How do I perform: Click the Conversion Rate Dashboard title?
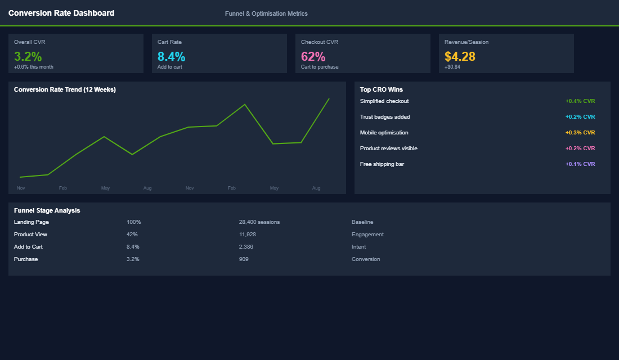[61, 13]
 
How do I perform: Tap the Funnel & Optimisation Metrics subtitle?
[266, 13]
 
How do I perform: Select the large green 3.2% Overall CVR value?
[28, 56]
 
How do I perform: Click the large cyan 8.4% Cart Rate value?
[171, 56]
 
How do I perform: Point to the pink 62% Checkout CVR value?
[313, 56]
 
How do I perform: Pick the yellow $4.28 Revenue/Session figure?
[460, 56]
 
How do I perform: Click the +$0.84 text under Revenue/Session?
[452, 67]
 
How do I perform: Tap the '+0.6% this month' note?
[34, 67]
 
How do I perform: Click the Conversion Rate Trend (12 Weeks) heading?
[65, 89]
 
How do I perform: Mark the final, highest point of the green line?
[329, 98]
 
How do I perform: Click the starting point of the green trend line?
[20, 177]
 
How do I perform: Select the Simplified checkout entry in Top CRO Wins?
[384, 101]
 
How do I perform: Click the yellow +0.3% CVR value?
[580, 133]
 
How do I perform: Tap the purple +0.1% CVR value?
[580, 164]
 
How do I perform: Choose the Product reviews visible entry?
[389, 148]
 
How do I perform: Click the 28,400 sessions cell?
[259, 222]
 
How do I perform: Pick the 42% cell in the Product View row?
[132, 235]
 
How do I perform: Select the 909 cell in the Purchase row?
[244, 259]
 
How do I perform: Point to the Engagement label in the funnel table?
[367, 235]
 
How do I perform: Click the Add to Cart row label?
[28, 247]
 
